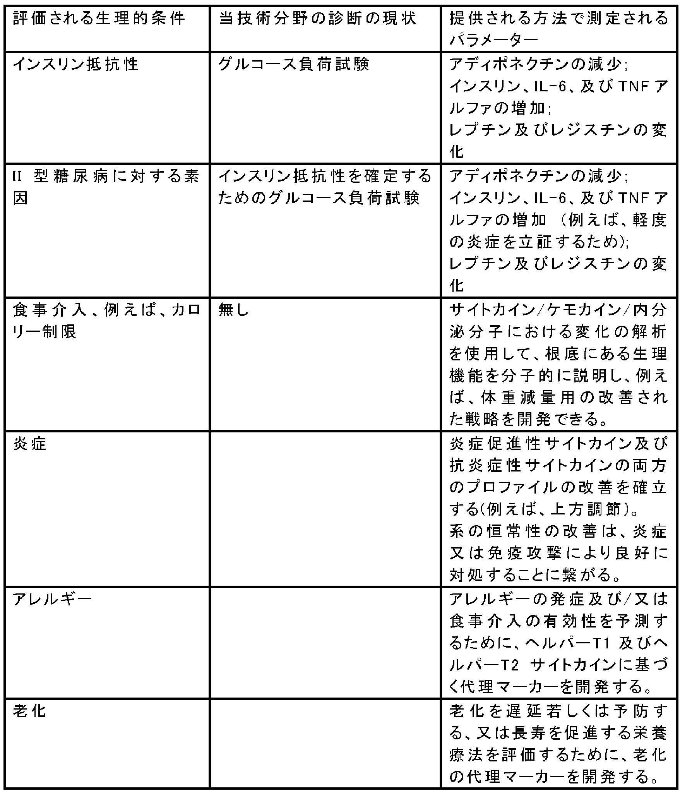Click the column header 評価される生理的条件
coord(99,18)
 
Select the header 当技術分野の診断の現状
coord(317,18)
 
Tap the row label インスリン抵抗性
coord(75,64)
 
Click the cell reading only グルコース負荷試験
coord(293,64)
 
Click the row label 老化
coord(30,711)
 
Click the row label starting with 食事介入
coord(106,321)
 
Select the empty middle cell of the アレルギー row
coord(325,643)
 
